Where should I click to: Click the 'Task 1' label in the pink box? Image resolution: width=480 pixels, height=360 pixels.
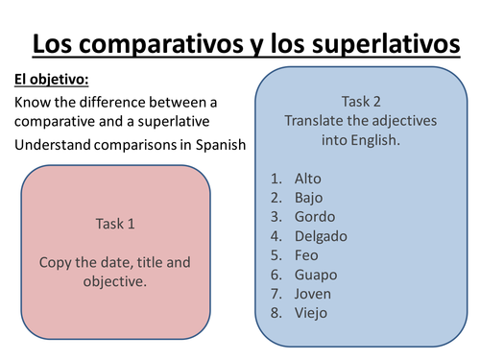pyautogui.click(x=115, y=224)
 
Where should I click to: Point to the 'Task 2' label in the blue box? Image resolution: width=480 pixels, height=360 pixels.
pyautogui.click(x=361, y=101)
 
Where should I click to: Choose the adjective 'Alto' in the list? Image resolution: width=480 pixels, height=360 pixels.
pyautogui.click(x=309, y=179)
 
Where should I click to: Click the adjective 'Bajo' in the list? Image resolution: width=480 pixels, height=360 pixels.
pyautogui.click(x=309, y=198)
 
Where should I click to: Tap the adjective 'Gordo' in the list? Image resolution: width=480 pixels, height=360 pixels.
pyautogui.click(x=315, y=217)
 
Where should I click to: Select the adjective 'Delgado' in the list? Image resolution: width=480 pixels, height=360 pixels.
pyautogui.click(x=322, y=236)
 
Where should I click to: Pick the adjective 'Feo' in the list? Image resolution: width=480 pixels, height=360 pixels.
pyautogui.click(x=307, y=255)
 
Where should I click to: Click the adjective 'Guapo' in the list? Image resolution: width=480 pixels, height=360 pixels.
pyautogui.click(x=316, y=275)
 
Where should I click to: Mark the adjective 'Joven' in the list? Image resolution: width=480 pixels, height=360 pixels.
pyautogui.click(x=313, y=294)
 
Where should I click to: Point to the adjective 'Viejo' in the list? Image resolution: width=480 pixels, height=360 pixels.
pyautogui.click(x=312, y=313)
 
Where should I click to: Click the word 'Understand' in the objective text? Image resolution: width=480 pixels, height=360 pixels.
pyautogui.click(x=55, y=145)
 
